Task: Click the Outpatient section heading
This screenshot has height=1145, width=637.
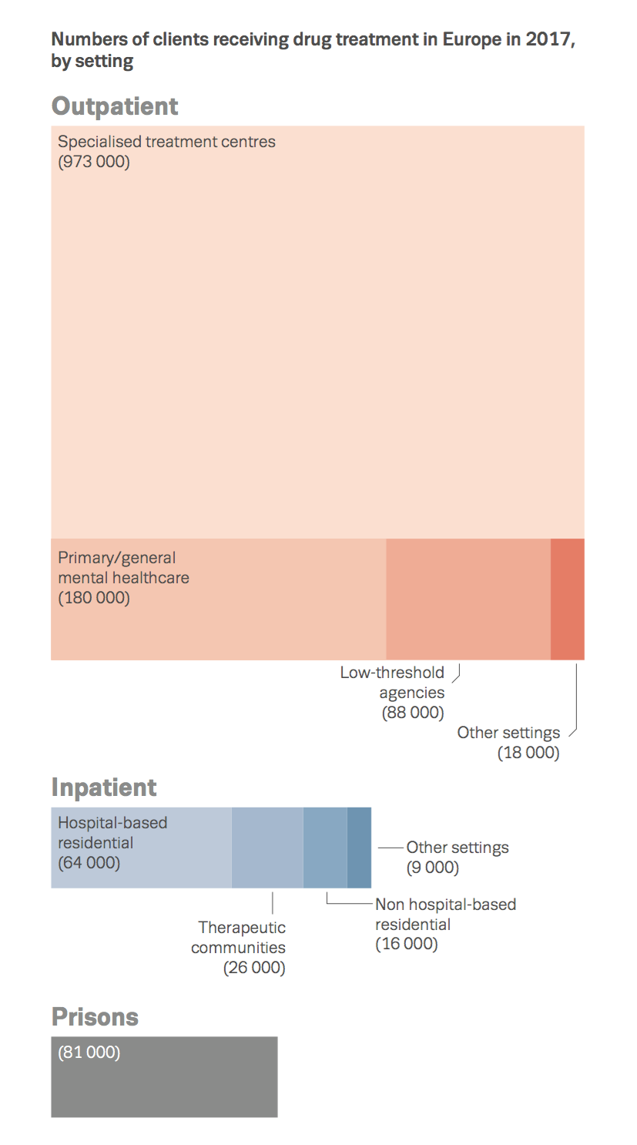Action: pos(115,106)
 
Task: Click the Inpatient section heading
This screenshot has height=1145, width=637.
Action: pos(104,787)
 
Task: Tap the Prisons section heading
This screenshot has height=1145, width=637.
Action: pos(95,1017)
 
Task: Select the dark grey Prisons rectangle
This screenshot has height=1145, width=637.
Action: pos(164,1086)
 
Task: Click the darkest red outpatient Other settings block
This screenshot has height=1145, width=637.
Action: pos(568,599)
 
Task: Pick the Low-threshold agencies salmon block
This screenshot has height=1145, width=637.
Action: pos(468,599)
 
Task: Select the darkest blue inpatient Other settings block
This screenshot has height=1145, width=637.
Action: pos(359,848)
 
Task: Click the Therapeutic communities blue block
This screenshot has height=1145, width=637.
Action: pos(267,848)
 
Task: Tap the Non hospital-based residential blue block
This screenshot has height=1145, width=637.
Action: pos(325,848)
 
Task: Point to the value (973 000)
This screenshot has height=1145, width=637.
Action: pos(94,162)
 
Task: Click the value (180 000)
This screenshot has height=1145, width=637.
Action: pos(94,598)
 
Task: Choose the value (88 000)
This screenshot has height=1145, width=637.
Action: pos(413,713)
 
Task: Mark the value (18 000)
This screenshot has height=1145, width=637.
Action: pos(528,753)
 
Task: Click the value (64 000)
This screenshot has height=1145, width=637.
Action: pos(89,863)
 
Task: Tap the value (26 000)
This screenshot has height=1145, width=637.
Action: pos(254,968)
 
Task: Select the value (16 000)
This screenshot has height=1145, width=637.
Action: pos(407,944)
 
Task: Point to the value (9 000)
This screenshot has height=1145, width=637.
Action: pos(433,868)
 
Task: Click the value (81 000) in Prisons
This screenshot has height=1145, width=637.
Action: pos(89,1053)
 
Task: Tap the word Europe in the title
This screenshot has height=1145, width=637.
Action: pos(470,40)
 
